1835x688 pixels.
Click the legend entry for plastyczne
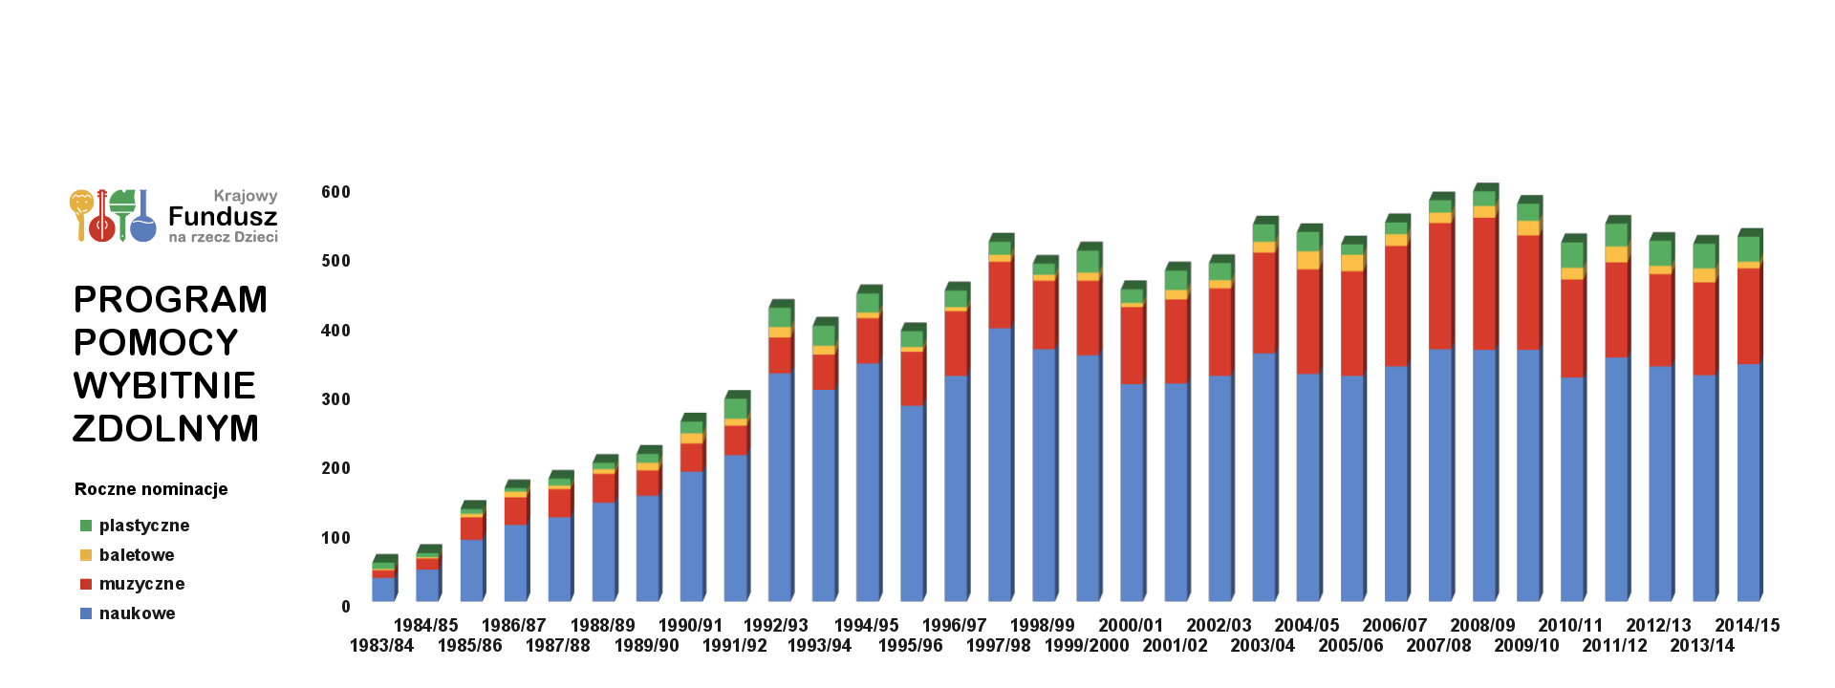pyautogui.click(x=143, y=526)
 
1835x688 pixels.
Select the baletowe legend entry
pyautogui.click(x=136, y=555)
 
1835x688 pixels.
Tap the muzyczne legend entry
pyautogui.click(x=141, y=584)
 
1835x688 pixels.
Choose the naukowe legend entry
pyautogui.click(x=137, y=613)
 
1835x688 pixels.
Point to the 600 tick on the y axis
pyautogui.click(x=335, y=192)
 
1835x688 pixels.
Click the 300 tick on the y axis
pyautogui.click(x=335, y=399)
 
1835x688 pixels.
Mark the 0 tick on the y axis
pyautogui.click(x=346, y=607)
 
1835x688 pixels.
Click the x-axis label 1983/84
pyautogui.click(x=381, y=646)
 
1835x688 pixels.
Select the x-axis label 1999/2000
pyautogui.click(x=1086, y=646)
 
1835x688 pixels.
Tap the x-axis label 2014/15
pyautogui.click(x=1747, y=626)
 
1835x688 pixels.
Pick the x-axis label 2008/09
pyautogui.click(x=1482, y=626)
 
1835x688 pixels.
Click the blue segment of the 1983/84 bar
pyautogui.click(x=383, y=590)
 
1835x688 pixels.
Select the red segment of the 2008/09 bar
pyautogui.click(x=1484, y=283)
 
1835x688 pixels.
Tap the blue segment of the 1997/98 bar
pyautogui.click(x=1000, y=463)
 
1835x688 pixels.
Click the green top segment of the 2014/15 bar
pyautogui.click(x=1748, y=248)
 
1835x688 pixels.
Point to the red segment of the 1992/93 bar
pyautogui.click(x=780, y=355)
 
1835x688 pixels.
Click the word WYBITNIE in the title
pyautogui.click(x=164, y=386)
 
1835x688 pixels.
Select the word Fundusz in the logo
pyautogui.click(x=223, y=217)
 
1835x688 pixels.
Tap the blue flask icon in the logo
pyautogui.click(x=143, y=226)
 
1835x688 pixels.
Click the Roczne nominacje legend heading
pyautogui.click(x=151, y=489)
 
